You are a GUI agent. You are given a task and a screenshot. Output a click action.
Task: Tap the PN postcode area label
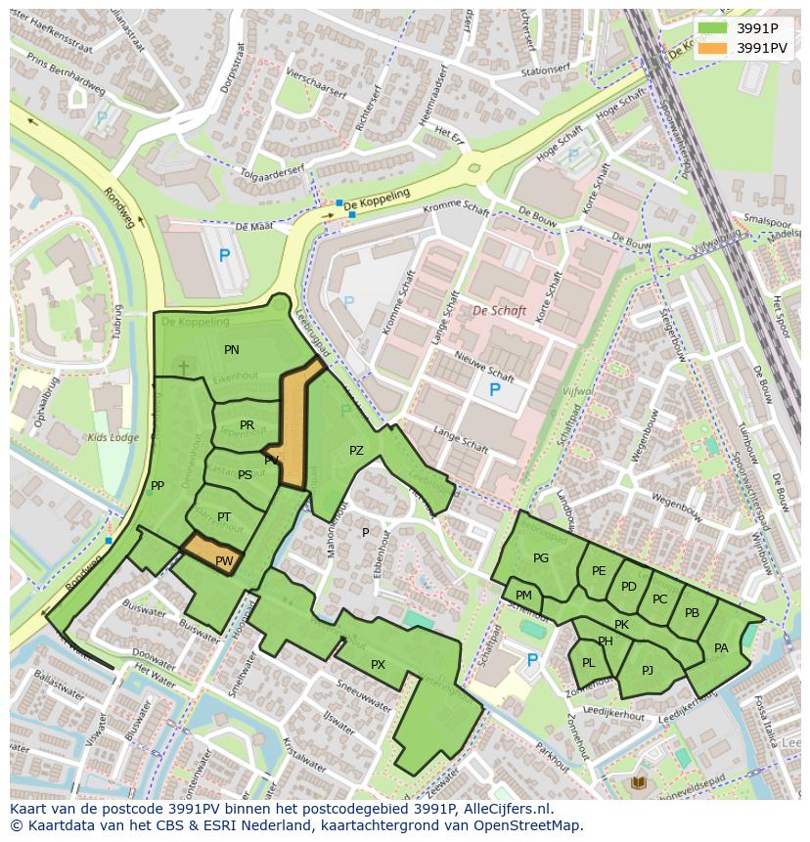[232, 350]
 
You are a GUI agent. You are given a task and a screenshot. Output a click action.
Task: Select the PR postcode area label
[247, 425]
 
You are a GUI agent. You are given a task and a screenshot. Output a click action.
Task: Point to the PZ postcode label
[356, 451]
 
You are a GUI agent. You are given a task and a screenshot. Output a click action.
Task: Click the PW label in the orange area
[224, 561]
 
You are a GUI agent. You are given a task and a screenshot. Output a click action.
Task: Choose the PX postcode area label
[379, 665]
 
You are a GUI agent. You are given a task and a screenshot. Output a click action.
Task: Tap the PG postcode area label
[541, 558]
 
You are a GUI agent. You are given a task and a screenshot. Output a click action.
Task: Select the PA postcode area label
[721, 648]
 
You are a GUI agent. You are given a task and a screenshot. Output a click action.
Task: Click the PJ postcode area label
[648, 671]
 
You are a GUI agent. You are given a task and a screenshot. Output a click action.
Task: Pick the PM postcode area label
[523, 596]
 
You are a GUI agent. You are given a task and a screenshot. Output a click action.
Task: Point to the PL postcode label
[589, 663]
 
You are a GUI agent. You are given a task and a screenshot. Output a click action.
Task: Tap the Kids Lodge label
[113, 437]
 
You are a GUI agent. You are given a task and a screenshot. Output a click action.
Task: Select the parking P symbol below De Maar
[224, 256]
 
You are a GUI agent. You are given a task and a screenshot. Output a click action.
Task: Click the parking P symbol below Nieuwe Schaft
[494, 390]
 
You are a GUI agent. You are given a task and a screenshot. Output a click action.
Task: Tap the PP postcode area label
[157, 486]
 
